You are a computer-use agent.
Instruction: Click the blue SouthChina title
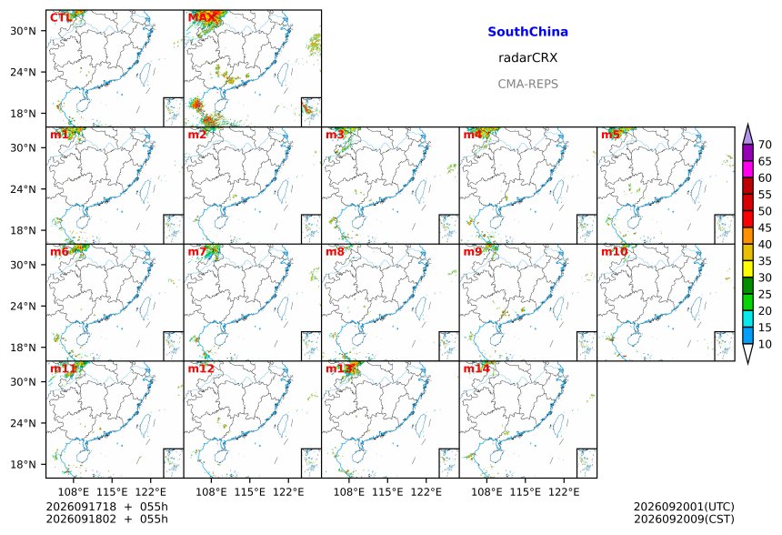(527, 32)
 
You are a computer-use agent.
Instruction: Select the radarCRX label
(527, 58)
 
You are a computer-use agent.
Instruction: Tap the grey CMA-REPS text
(527, 84)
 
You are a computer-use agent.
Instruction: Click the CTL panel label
(61, 18)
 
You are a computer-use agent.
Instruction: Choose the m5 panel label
(610, 135)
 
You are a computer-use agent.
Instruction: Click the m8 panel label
(335, 251)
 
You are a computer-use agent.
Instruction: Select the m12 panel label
(201, 368)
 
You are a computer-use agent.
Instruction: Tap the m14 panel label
(476, 368)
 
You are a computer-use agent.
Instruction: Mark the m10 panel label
(615, 251)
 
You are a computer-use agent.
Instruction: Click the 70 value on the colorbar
(765, 145)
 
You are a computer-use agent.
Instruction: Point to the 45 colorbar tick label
(765, 227)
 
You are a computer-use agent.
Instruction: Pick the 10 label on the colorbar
(765, 344)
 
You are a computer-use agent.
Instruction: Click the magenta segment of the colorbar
(747, 169)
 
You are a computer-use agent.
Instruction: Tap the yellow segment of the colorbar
(747, 269)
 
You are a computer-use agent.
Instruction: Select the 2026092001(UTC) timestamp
(684, 507)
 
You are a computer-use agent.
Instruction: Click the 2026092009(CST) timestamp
(684, 519)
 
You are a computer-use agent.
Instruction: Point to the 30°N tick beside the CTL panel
(24, 31)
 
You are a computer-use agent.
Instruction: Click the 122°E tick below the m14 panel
(564, 492)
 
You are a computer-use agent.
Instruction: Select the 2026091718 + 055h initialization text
(106, 507)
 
